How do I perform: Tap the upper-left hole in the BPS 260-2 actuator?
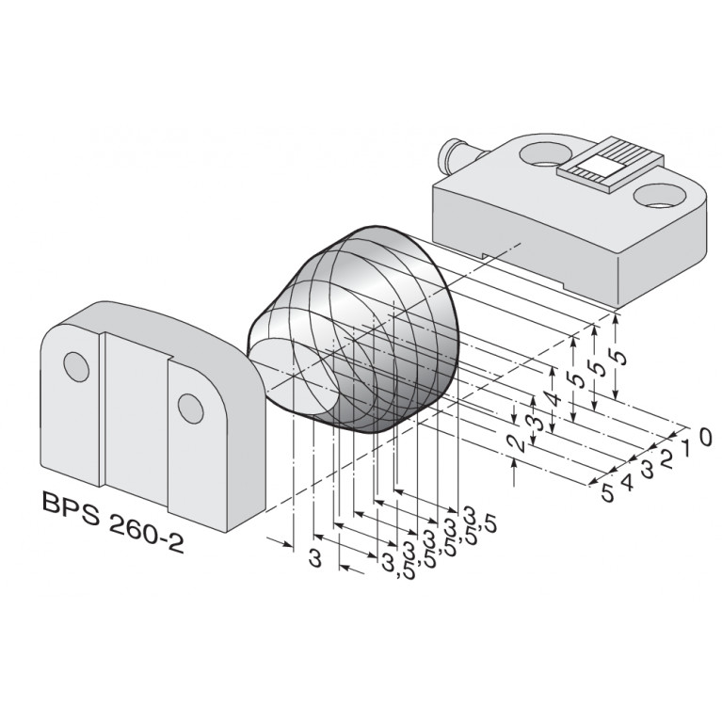point(74,365)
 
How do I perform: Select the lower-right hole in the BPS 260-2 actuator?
point(188,407)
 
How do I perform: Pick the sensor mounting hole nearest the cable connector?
point(543,152)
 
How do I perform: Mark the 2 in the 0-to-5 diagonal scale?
point(666,458)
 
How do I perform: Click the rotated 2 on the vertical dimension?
point(514,443)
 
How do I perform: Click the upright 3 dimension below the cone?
point(315,558)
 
